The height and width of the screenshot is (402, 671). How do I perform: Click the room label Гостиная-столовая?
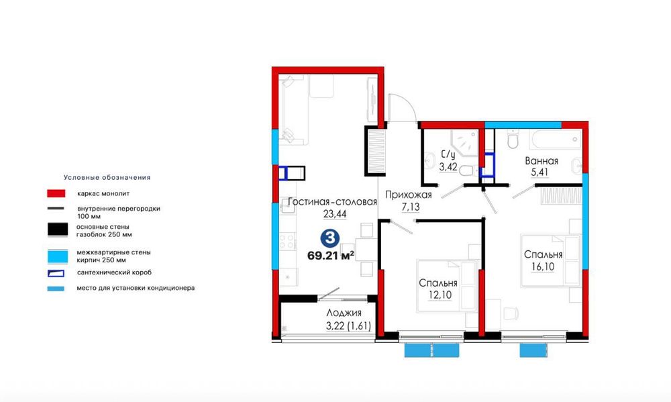[332, 201]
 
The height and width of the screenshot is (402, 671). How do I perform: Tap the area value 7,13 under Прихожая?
[411, 207]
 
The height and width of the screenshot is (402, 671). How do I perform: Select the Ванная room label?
[541, 161]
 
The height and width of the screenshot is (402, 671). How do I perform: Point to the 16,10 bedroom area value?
[543, 266]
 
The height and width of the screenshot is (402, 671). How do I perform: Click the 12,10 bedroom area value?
[440, 295]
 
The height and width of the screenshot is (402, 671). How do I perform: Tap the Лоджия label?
[344, 313]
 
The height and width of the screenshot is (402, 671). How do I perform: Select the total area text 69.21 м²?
[331, 256]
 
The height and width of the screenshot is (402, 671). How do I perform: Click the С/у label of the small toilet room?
[448, 154]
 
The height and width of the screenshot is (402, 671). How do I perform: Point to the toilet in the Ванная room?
[513, 139]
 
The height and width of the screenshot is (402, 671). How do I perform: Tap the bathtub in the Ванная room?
[556, 139]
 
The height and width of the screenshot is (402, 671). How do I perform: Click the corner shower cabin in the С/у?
[464, 142]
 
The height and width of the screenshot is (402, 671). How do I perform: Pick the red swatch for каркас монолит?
[56, 193]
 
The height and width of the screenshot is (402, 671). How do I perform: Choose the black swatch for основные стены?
[57, 230]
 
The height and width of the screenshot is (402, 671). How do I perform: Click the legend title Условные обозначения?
[107, 177]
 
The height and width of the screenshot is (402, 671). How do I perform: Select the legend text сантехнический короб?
[114, 272]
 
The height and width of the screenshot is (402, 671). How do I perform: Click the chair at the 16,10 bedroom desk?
[511, 313]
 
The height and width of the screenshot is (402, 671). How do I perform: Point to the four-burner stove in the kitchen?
[288, 242]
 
